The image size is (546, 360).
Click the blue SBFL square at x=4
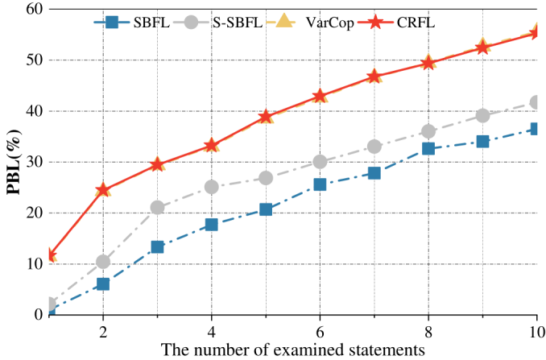click(212, 224)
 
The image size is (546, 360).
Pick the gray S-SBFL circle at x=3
click(157, 207)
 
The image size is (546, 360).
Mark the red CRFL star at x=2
click(103, 190)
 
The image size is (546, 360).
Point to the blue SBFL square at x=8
click(428, 148)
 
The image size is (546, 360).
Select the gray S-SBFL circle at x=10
click(536, 102)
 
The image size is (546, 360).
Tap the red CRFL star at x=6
click(320, 96)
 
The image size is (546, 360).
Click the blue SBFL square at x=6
click(320, 184)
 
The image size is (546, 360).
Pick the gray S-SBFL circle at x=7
click(374, 147)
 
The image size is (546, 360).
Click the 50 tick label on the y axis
click(34, 60)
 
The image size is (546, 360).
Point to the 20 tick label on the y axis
click(34, 213)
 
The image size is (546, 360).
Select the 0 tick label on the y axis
click(38, 315)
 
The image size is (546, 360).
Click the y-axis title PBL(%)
click(14, 161)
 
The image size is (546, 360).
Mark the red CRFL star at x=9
click(482, 47)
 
